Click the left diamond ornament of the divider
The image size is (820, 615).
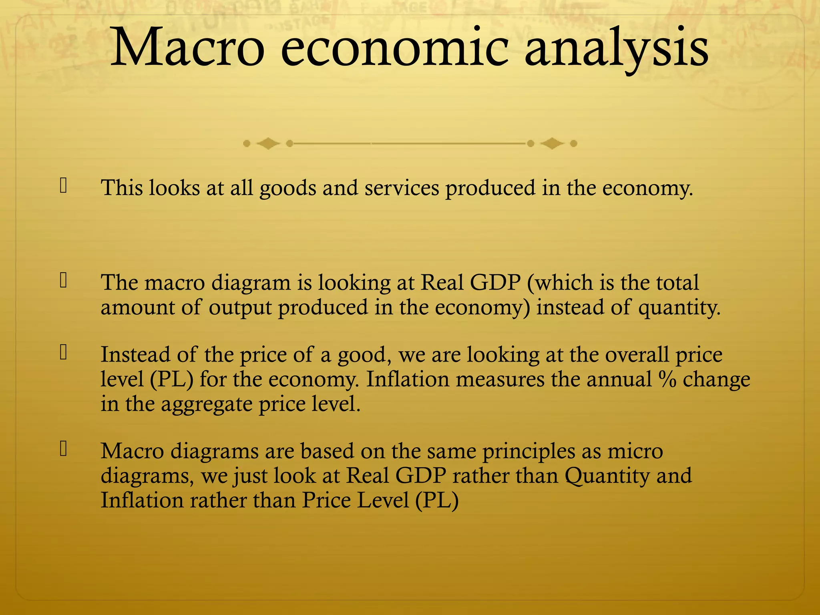268,143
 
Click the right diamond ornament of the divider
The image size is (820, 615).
552,143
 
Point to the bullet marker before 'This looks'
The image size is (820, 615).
63,186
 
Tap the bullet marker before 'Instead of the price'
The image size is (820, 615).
63,352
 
